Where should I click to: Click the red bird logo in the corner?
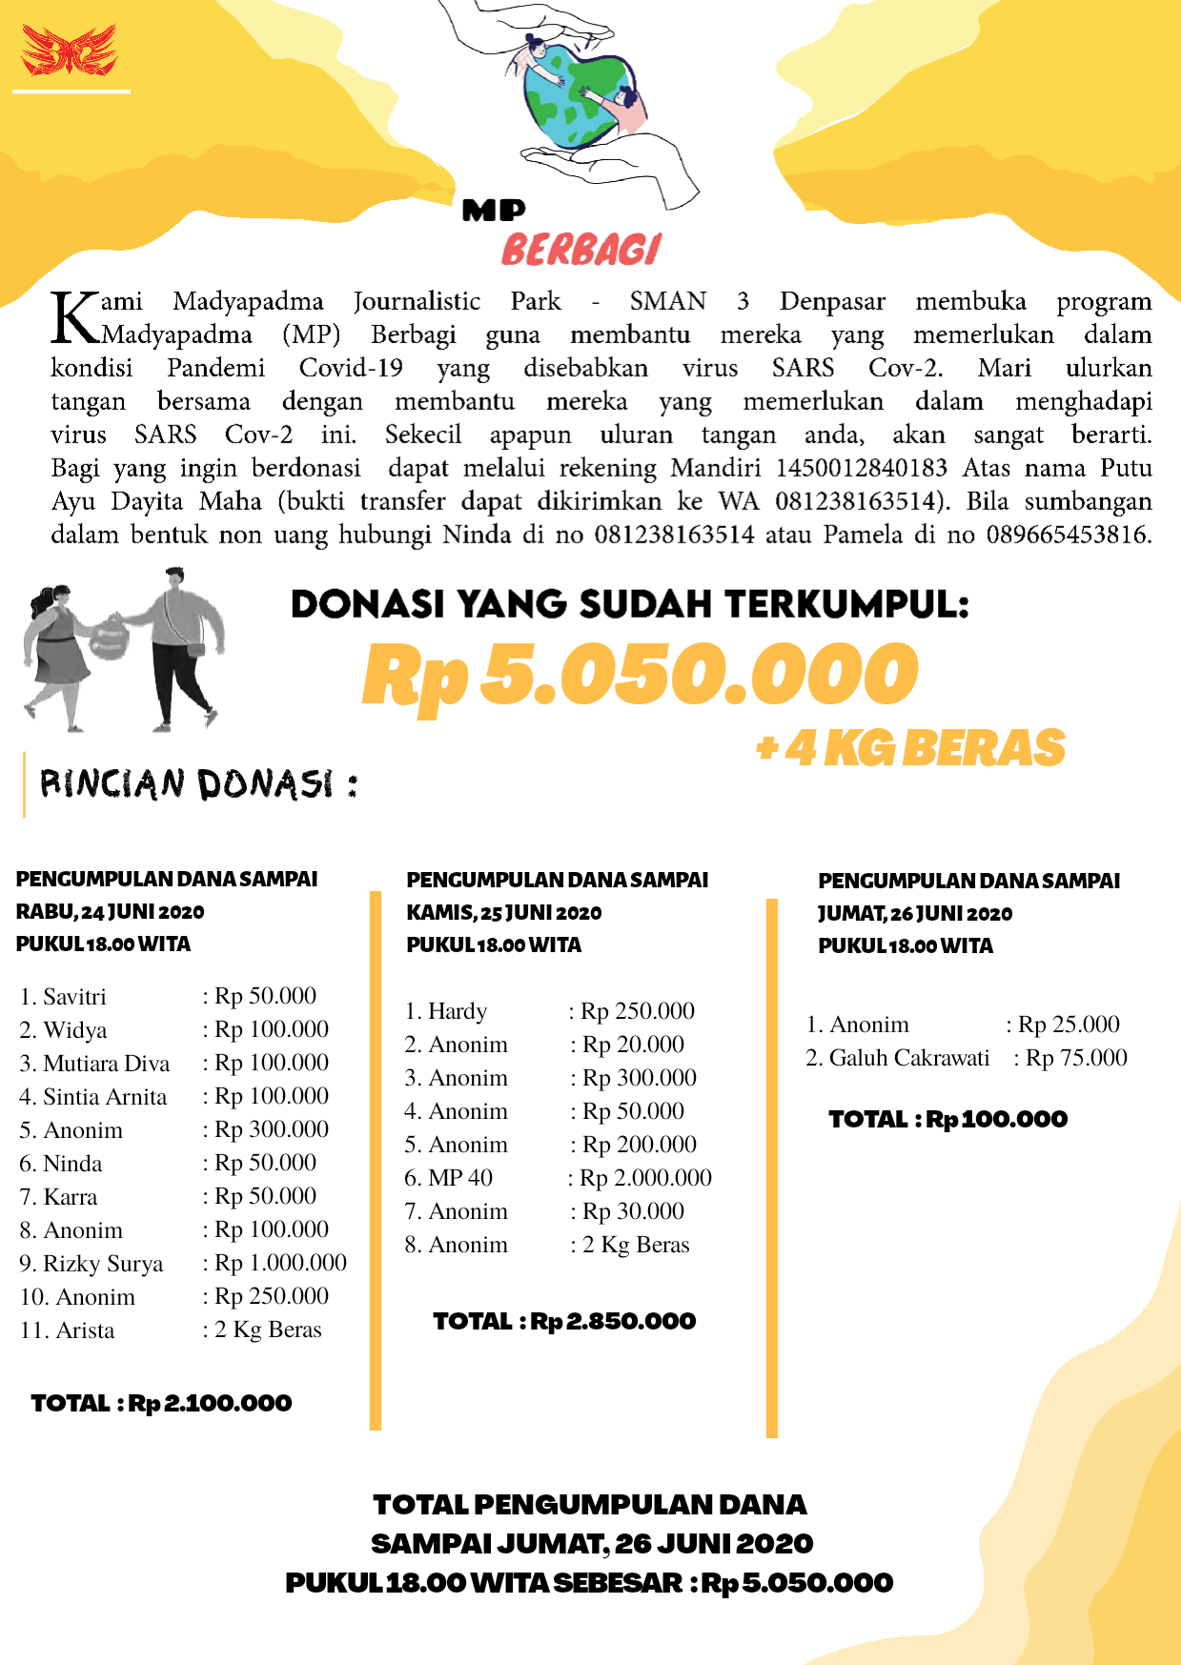(69, 51)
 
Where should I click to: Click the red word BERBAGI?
(580, 250)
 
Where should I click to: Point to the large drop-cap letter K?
(74, 317)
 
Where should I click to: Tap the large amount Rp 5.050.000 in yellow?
(640, 675)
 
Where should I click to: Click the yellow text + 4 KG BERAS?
(910, 748)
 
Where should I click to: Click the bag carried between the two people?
(108, 638)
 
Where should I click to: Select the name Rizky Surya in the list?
(103, 1264)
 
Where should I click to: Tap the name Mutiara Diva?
(106, 1064)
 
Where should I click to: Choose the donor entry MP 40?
(459, 1178)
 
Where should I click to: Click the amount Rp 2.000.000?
(645, 1178)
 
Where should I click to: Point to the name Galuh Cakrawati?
(908, 1058)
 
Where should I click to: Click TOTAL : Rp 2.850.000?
(564, 1321)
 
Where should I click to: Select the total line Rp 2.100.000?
(161, 1403)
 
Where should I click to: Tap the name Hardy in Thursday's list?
(457, 1011)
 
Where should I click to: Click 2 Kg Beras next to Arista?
(268, 1330)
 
